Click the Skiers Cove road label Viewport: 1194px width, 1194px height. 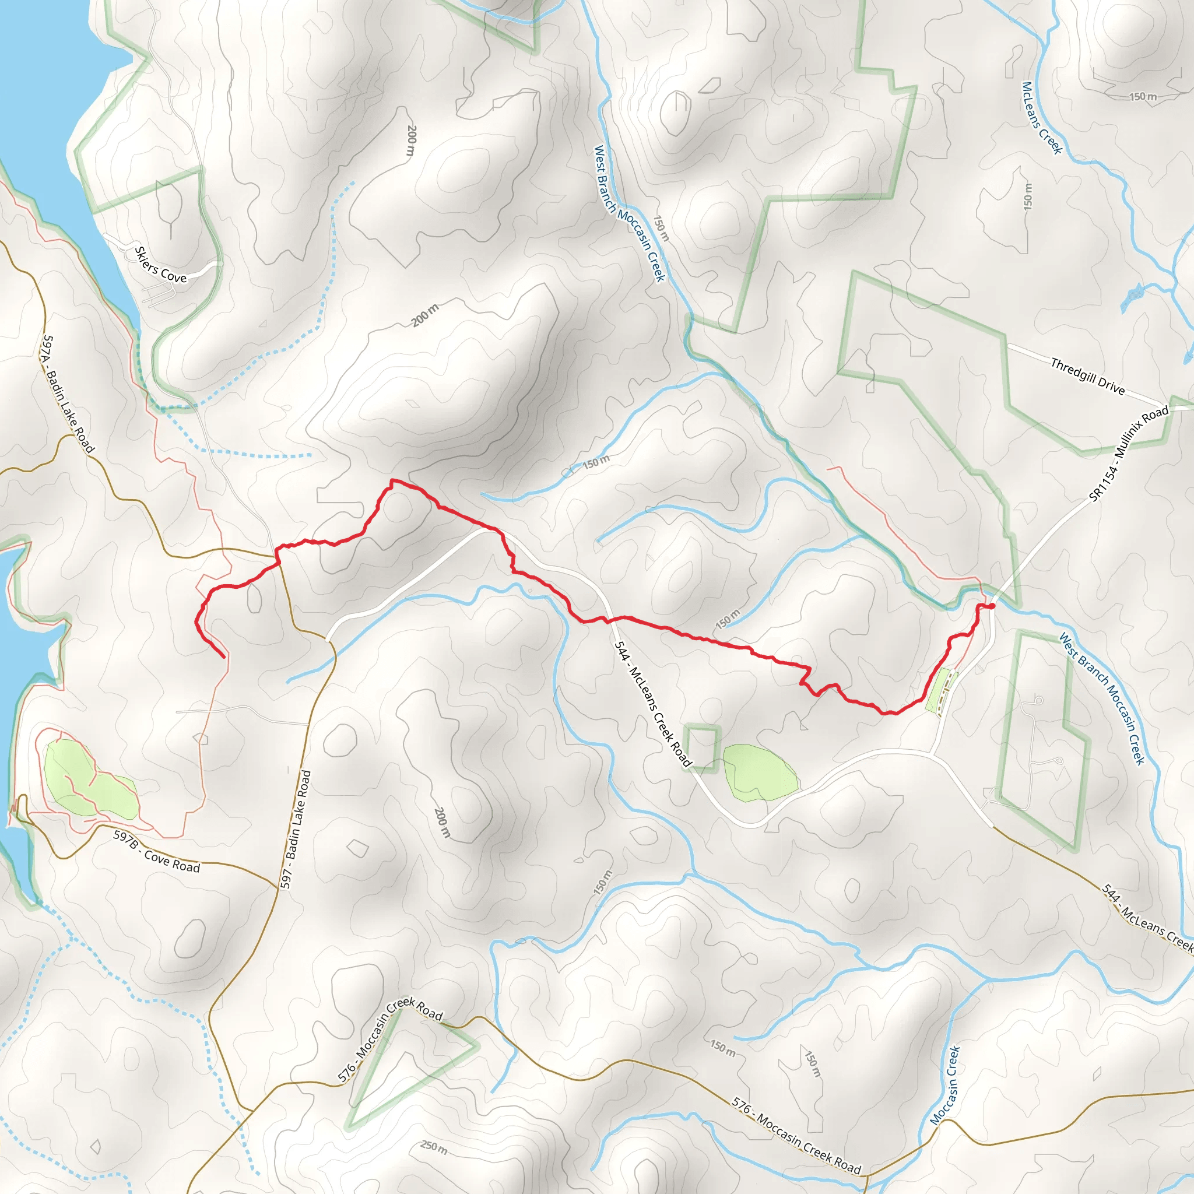(x=160, y=265)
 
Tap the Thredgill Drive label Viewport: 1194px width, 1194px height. (x=1088, y=377)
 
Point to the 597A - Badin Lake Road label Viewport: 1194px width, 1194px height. (x=68, y=394)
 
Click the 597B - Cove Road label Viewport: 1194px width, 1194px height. (x=156, y=851)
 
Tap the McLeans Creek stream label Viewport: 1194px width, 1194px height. (x=1041, y=117)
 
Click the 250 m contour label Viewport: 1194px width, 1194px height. (x=434, y=1147)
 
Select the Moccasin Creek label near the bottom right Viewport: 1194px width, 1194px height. (x=945, y=1085)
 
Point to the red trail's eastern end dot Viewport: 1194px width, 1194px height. (x=991, y=606)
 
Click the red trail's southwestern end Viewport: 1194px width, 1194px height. (x=223, y=657)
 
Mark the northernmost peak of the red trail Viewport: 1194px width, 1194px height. (x=392, y=480)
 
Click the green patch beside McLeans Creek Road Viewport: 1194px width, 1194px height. (x=760, y=772)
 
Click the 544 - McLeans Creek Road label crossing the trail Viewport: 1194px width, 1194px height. (x=652, y=704)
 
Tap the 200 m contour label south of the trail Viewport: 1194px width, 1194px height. (x=442, y=822)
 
